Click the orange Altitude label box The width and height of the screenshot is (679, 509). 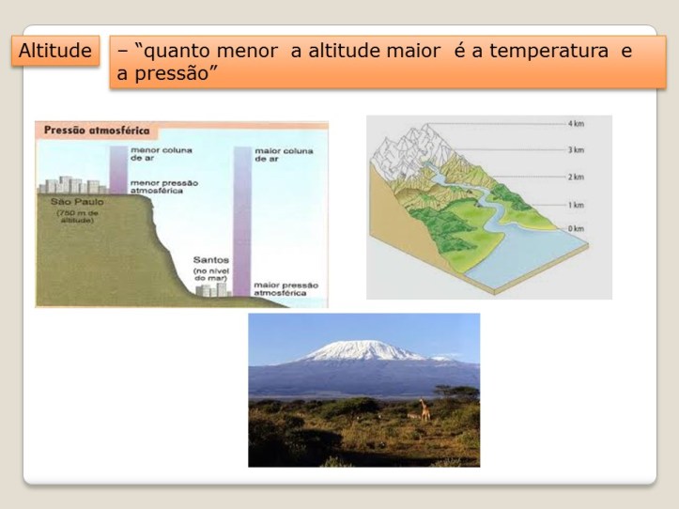pos(56,51)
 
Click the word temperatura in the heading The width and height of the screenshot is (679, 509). pos(547,51)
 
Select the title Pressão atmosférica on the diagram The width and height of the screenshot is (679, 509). pos(87,131)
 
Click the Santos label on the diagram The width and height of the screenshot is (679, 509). pos(211,259)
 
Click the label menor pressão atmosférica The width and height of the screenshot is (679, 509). pos(155,187)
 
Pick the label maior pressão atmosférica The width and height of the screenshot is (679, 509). pos(285,288)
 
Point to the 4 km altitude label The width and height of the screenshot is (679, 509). pos(576,124)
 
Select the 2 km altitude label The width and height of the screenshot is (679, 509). pos(576,177)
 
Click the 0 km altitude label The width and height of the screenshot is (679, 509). pos(576,229)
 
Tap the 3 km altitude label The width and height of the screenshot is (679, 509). pos(576,150)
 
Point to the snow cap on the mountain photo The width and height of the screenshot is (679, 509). pos(362,350)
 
